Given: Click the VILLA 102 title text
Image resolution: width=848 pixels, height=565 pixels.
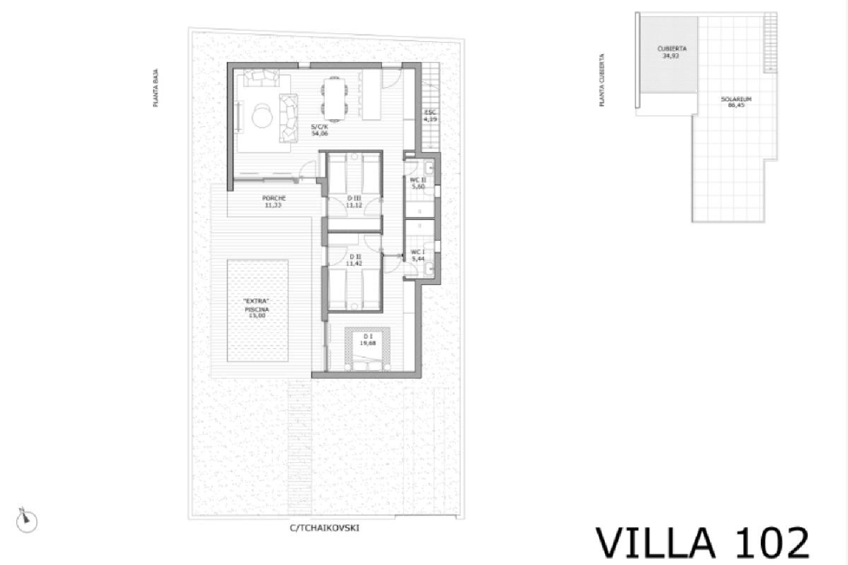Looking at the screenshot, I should pyautogui.click(x=703, y=543).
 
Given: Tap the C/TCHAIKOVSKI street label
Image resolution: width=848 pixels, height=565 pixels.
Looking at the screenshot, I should pyautogui.click(x=325, y=528).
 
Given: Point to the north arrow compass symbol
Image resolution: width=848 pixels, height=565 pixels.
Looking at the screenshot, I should pyautogui.click(x=26, y=520).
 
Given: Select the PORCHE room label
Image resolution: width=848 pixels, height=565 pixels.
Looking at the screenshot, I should pyautogui.click(x=274, y=202).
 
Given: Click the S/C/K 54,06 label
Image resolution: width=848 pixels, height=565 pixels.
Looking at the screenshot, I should pyautogui.click(x=319, y=131).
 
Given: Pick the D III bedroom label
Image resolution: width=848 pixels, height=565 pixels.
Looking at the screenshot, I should pyautogui.click(x=354, y=202).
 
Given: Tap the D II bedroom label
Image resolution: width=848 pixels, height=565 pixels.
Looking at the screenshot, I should pyautogui.click(x=354, y=260).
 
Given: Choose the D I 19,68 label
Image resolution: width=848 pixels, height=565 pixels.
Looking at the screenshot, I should pyautogui.click(x=367, y=339).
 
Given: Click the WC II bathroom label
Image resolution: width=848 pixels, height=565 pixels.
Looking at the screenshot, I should pyautogui.click(x=418, y=183).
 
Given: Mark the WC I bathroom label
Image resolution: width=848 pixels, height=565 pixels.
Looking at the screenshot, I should pyautogui.click(x=418, y=255).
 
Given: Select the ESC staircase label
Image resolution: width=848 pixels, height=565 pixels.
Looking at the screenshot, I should pyautogui.click(x=430, y=116).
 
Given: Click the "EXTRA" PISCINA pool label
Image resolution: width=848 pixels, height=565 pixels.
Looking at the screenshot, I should pyautogui.click(x=257, y=308).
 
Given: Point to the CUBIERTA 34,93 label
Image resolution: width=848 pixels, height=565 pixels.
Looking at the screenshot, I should pyautogui.click(x=671, y=53).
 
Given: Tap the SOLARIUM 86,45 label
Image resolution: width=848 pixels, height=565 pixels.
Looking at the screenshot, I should pyautogui.click(x=736, y=102).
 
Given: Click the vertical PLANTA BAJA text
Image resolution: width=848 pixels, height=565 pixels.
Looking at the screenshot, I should pyautogui.click(x=155, y=88).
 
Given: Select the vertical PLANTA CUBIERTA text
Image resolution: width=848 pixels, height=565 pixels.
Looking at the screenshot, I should pyautogui.click(x=602, y=80).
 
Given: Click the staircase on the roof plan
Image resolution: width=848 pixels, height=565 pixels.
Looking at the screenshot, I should pyautogui.click(x=770, y=42).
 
